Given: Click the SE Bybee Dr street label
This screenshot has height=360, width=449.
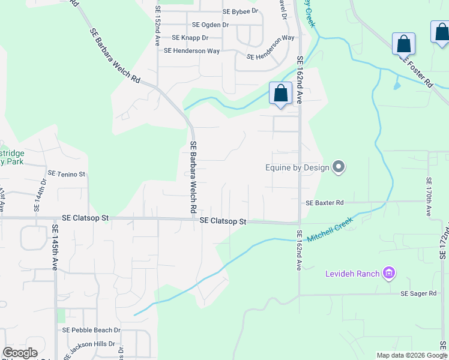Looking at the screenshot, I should pos(240,11).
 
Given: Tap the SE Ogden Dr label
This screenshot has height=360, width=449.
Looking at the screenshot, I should pos(210,25).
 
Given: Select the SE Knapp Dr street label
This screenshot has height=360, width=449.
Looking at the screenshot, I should pos(190,37).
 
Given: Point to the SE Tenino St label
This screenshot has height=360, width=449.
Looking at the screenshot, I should pos(67,174).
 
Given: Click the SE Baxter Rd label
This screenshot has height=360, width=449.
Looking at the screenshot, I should pos(324,203).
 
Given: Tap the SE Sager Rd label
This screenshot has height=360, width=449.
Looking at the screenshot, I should pos(418,293).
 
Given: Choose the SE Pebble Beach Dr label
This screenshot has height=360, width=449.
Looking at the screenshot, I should pos(91,330).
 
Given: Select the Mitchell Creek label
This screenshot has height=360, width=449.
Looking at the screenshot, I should pos(330,230).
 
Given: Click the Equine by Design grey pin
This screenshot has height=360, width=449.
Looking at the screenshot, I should pos(339,167).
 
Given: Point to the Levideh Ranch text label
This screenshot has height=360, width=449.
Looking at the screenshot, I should pos(352,274).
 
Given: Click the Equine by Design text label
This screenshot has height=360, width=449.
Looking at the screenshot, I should pos(298,167).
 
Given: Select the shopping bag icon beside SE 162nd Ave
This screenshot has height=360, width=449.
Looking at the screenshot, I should pos(280,94).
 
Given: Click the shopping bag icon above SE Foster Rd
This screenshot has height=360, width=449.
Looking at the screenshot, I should pos(403,44).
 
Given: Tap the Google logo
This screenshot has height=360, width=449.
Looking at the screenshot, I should pos(20,353).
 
